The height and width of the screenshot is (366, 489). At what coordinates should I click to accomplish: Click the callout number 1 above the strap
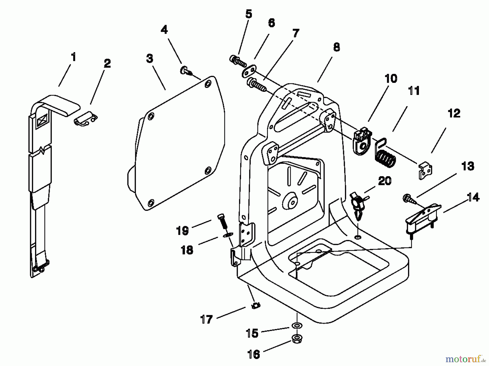click(73, 57)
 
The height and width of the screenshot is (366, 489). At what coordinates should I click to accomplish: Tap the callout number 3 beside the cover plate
click(149, 59)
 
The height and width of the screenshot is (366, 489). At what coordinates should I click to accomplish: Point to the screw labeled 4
click(184, 70)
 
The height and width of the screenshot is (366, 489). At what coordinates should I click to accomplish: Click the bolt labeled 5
click(238, 61)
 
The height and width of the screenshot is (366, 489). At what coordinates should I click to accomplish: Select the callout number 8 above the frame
click(336, 47)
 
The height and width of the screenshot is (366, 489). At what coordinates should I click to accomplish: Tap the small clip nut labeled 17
click(256, 305)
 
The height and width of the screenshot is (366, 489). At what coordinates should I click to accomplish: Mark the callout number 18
click(187, 250)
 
